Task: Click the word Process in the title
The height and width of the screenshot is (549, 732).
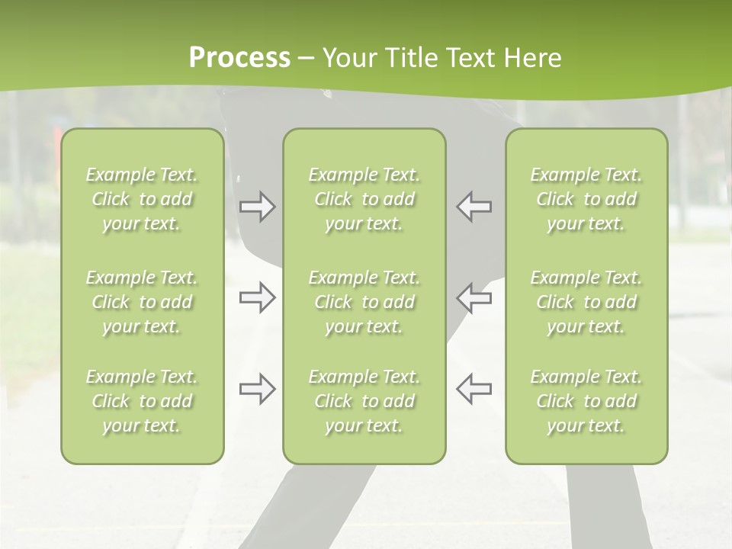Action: click(x=239, y=58)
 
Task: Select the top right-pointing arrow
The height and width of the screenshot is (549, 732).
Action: click(x=257, y=207)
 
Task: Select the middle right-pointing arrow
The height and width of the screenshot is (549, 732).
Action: click(x=257, y=297)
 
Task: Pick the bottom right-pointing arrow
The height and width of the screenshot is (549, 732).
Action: click(x=257, y=389)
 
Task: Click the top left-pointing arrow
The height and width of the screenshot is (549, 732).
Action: click(x=474, y=207)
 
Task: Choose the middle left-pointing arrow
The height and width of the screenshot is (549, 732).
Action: click(x=474, y=297)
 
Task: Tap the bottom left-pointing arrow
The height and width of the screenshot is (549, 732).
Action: click(x=474, y=389)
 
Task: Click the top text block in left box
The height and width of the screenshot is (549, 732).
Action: click(x=142, y=199)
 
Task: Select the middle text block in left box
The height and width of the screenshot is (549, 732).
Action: click(x=142, y=302)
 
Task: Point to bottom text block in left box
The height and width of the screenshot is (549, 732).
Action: click(x=142, y=401)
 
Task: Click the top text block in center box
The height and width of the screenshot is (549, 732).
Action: click(x=364, y=199)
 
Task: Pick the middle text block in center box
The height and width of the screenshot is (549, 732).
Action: click(x=364, y=302)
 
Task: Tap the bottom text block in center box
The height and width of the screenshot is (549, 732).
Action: click(x=364, y=401)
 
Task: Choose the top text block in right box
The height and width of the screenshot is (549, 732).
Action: click(x=586, y=199)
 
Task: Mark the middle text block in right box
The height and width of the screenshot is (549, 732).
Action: click(x=586, y=302)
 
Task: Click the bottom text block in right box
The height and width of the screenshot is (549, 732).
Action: click(x=586, y=401)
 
